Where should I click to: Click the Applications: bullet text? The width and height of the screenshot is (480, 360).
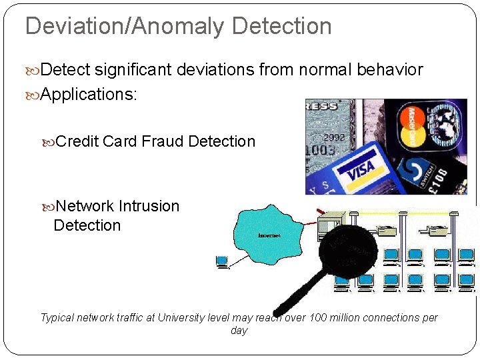point(89,94)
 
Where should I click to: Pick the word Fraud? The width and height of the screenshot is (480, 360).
point(162,141)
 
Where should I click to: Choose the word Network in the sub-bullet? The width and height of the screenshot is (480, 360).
point(85,206)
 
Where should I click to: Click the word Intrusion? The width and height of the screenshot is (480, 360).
point(149,206)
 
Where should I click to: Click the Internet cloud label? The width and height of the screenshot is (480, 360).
point(269,235)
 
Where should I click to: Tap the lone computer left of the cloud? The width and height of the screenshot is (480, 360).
point(222,261)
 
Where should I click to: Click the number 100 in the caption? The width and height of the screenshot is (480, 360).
point(319,317)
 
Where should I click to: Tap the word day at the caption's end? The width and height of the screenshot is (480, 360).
point(239,331)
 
